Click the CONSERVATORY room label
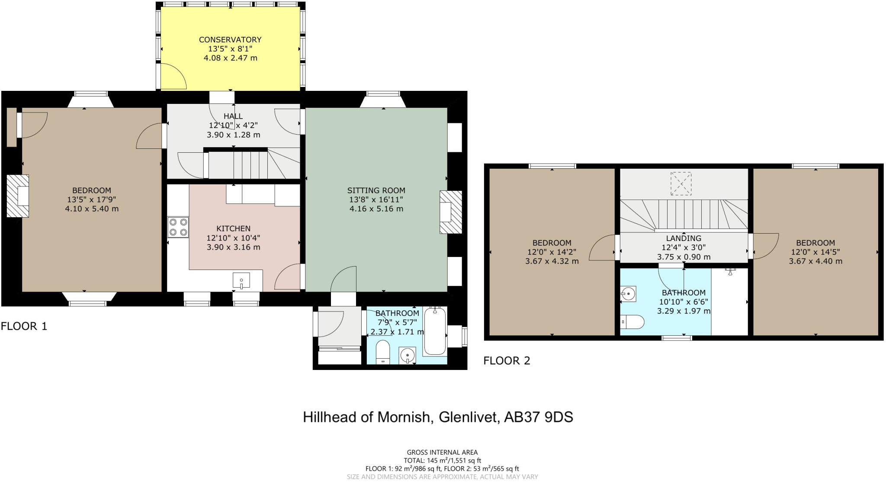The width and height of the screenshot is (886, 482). (230, 39)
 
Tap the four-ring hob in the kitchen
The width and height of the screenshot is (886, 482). (178, 227)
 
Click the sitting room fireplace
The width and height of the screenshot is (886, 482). (450, 212)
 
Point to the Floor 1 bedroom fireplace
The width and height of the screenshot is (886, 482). (18, 196)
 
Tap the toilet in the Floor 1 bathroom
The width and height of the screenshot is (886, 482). (383, 352)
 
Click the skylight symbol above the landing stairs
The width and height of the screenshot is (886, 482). (681, 183)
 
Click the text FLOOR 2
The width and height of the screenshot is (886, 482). (507, 360)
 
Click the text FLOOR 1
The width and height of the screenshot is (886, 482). (24, 326)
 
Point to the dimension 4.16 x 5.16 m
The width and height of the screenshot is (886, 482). (376, 209)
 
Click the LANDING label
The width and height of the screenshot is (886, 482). (684, 238)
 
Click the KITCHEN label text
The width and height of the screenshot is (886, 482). (233, 228)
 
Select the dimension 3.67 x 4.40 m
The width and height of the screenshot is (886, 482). (815, 261)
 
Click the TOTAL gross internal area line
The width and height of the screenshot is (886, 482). (442, 461)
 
